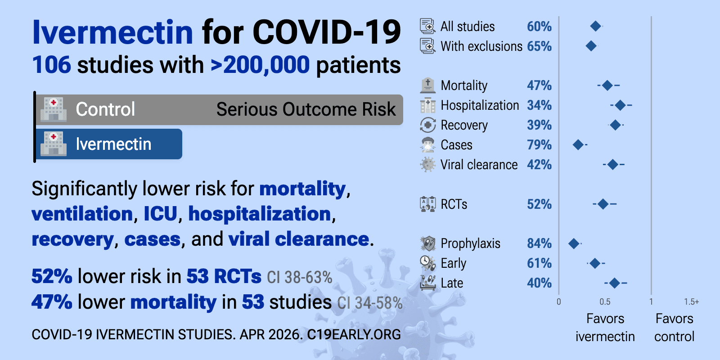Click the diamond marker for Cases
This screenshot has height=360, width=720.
tap(578, 145)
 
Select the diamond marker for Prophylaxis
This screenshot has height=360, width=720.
tap(573, 244)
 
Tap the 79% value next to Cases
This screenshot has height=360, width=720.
tap(539, 145)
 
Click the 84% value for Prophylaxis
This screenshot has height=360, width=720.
tap(539, 243)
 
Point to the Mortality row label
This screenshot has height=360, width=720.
tap(464, 85)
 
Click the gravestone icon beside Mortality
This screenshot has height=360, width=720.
tap(427, 85)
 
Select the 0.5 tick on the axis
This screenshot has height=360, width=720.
tap(605, 302)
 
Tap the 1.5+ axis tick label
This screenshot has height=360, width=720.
tap(691, 302)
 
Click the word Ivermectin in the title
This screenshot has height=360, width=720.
tap(112, 32)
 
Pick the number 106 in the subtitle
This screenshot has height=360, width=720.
tap(51, 65)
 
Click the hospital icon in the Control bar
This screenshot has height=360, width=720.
tap(54, 109)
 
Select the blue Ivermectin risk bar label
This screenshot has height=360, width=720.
tap(113, 144)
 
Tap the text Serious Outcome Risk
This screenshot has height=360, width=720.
tap(306, 109)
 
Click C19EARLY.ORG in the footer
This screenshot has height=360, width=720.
tap(354, 335)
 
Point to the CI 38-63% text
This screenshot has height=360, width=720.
tap(299, 277)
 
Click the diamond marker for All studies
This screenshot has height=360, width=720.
tap(595, 26)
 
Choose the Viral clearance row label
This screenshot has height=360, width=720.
tap(479, 165)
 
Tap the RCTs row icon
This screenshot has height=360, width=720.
tap(427, 204)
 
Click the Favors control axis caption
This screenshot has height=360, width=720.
tap(674, 328)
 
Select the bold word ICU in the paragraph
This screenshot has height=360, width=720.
tap(160, 214)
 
